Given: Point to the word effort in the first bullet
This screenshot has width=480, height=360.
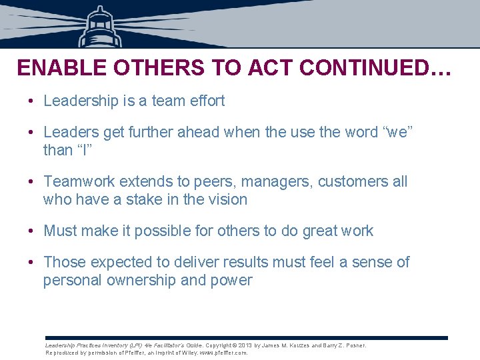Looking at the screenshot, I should coord(207,101).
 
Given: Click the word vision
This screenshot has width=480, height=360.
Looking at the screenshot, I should coord(227,199).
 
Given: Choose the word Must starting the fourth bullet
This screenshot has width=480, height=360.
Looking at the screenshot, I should coord(61,231).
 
